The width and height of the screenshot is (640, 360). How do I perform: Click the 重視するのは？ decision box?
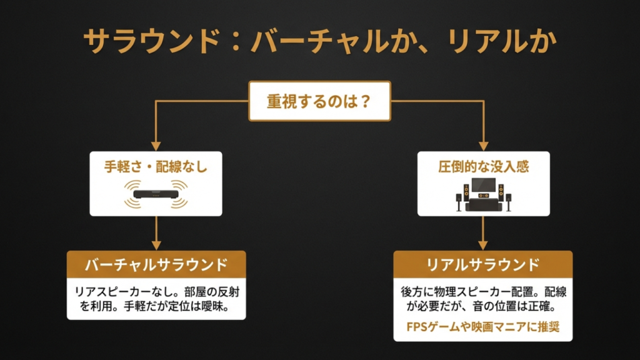[319, 101]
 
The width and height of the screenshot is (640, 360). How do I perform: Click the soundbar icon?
[156, 194]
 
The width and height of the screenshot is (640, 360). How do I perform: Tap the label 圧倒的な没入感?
[483, 167]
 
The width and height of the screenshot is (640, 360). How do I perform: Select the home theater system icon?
[483, 194]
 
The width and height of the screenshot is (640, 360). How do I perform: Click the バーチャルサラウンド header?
[156, 264]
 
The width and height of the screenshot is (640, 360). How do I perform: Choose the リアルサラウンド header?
[482, 264]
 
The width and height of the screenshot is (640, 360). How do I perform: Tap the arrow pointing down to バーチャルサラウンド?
[156, 234]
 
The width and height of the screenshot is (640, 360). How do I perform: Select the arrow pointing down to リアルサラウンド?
[483, 234]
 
